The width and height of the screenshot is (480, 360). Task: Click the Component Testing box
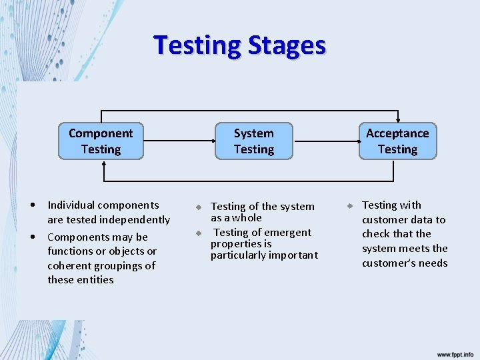101,141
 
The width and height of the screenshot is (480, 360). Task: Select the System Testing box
253,141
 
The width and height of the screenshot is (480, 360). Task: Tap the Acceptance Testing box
397,141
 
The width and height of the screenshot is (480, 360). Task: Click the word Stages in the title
287,45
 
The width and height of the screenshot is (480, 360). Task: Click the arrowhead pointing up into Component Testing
103,164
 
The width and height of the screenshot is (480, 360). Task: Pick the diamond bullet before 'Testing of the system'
198,207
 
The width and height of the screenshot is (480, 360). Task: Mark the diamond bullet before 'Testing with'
349,205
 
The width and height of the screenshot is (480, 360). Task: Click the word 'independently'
139,220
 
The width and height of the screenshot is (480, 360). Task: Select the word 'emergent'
289,233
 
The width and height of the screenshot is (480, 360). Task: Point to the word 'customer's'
385,263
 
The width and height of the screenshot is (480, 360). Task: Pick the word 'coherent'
69,265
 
